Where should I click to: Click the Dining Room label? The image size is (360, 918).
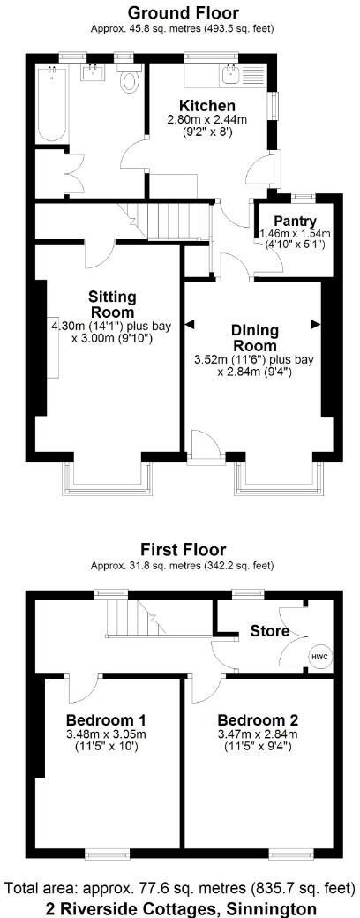point(254,337)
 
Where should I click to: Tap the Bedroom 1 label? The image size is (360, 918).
point(106,718)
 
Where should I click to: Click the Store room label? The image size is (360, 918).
point(268,631)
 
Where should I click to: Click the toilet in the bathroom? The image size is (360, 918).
point(131,82)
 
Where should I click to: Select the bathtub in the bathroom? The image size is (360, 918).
point(49,108)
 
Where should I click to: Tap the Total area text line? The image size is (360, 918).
point(180,886)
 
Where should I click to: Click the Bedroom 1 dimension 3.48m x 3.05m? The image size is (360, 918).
point(106,734)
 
